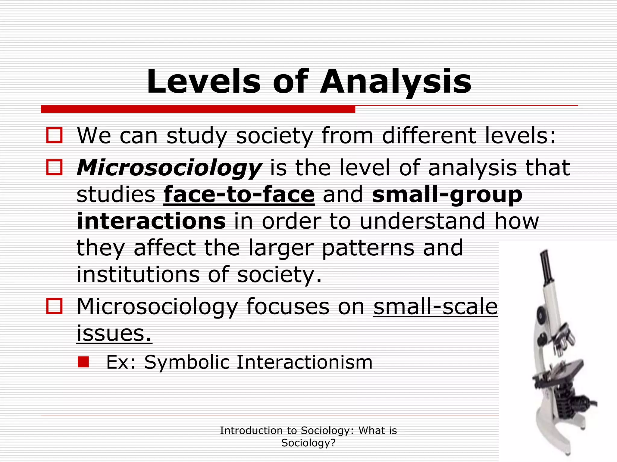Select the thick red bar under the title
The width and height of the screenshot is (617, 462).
tap(198, 109)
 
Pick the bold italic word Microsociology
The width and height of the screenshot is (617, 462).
tap(169, 168)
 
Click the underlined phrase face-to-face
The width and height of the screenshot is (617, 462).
tap(239, 195)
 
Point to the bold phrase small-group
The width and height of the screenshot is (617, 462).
tap(447, 195)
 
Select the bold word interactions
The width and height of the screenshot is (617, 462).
tap(151, 221)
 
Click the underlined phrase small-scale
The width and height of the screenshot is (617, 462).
tap(435, 306)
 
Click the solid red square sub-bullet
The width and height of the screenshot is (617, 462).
tap(83, 362)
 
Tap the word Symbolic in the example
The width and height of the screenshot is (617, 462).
tap(187, 362)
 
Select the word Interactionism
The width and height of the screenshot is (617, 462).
tap(305, 362)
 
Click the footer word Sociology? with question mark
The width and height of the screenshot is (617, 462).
tap(308, 443)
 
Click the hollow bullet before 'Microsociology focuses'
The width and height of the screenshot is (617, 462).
tap(55, 306)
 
